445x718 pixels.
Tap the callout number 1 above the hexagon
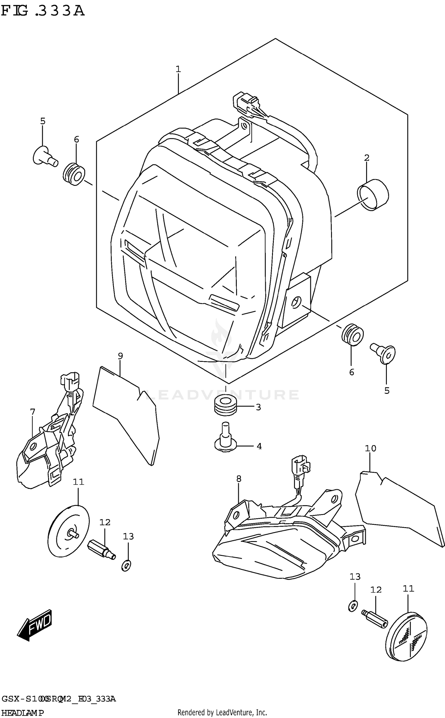coord(178,69)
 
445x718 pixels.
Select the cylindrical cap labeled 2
coord(373,195)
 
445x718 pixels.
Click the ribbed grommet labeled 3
coord(225,404)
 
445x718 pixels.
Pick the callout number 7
coord(33,412)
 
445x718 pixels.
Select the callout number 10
coord(371,448)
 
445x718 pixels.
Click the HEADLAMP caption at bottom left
coord(22,713)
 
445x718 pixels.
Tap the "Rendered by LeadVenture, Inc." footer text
coord(222,712)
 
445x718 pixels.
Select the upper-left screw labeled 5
coord(44,156)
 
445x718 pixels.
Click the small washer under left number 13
coord(126,565)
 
